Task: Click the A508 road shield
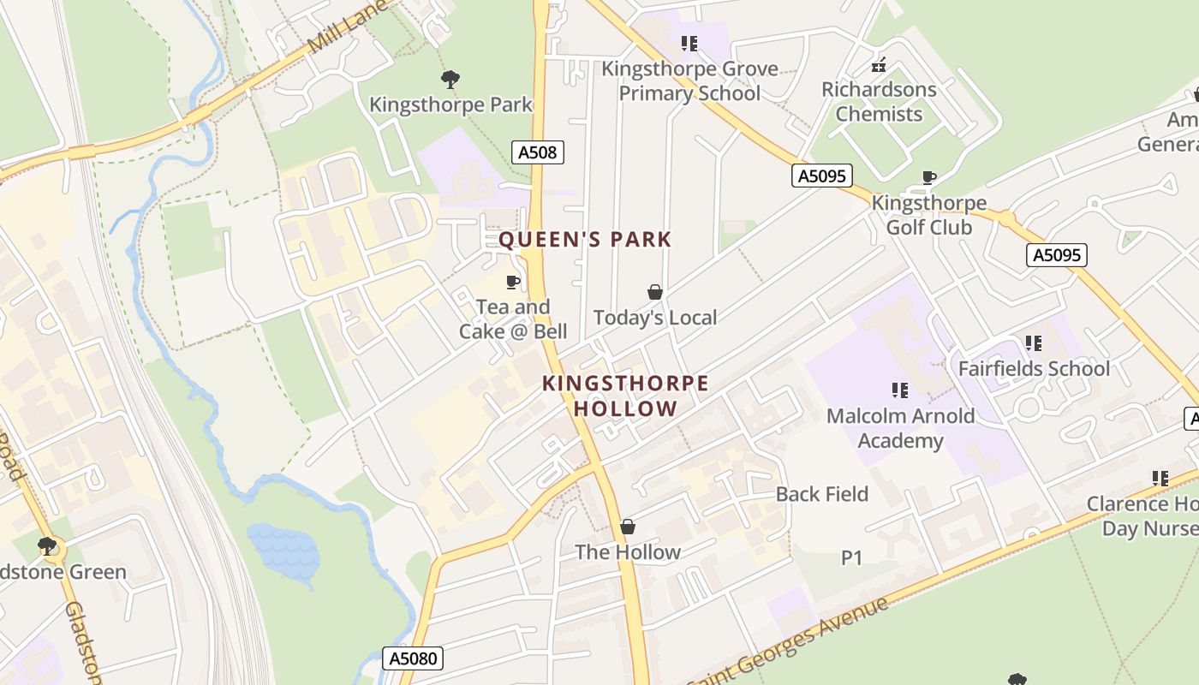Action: [538, 153]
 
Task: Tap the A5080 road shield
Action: [412, 658]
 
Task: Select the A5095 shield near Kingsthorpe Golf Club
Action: [821, 176]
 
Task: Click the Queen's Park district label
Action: [586, 240]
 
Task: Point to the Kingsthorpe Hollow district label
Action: [625, 396]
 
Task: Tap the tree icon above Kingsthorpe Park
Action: [450, 80]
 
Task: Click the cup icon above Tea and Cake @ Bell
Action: [513, 282]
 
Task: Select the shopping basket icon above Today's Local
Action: [655, 293]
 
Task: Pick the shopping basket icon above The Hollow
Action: [628, 527]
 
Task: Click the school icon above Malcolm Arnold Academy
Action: [899, 390]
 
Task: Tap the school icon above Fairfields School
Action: [1034, 343]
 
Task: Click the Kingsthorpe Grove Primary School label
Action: [689, 81]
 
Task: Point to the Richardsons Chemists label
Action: [879, 101]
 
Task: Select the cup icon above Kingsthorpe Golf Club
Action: [928, 178]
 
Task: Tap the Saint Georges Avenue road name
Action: [788, 641]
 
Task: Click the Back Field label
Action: [821, 494]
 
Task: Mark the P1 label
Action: [851, 558]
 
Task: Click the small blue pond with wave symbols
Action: [283, 550]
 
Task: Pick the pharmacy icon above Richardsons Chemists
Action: [879, 64]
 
